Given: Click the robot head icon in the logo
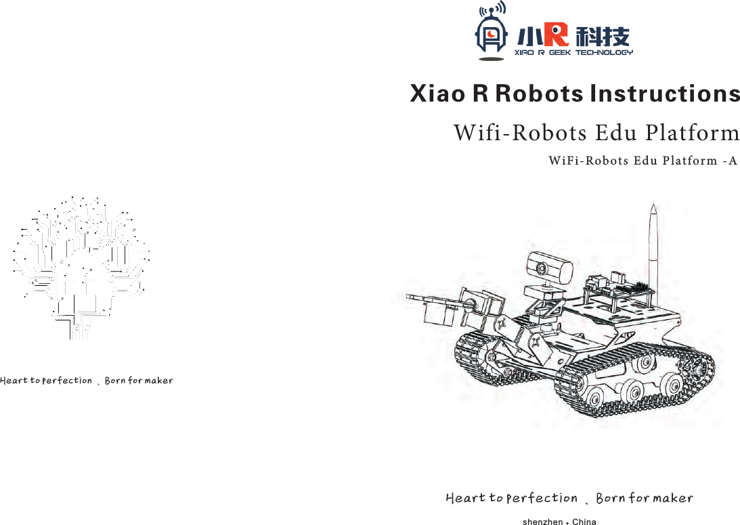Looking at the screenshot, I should coord(491,34).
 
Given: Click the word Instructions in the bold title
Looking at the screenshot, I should coord(666,93).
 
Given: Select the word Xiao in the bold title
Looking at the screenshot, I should coord(437,93).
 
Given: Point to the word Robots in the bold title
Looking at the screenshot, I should coord(538,93).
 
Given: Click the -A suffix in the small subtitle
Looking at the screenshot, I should coord(730,161).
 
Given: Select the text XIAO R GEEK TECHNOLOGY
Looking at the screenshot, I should coord(573,52).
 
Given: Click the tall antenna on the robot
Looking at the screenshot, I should coord(654,237).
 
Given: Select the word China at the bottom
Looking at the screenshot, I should coord(584,522).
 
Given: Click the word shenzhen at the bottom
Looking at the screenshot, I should coord(543,522).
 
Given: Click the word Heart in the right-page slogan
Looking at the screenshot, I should coord(466,499).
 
